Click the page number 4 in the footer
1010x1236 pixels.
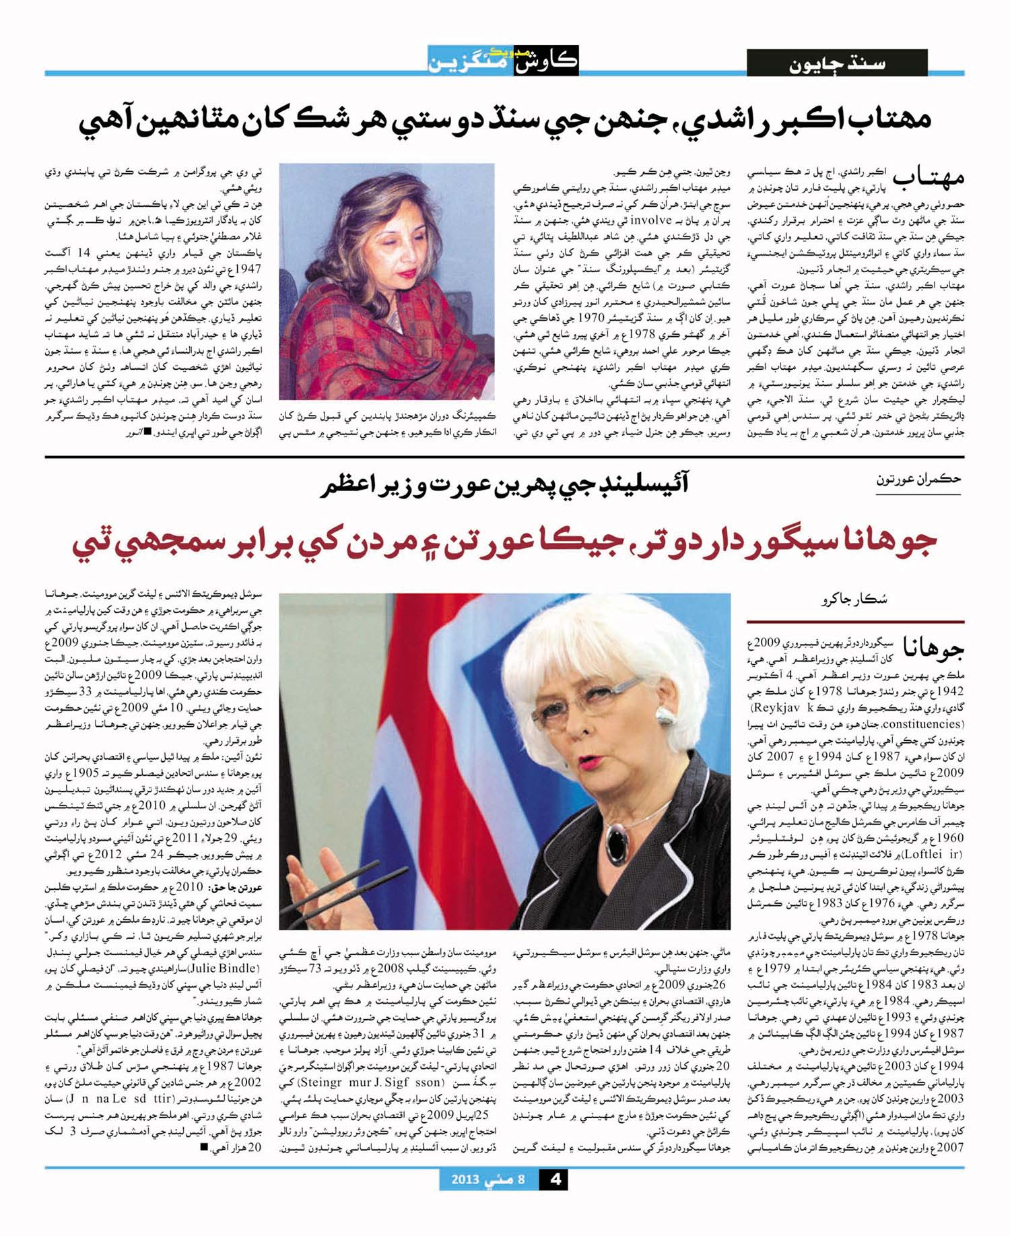tap(555, 1179)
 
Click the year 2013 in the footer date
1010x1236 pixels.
tap(465, 1179)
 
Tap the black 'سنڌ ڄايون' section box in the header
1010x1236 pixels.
tap(837, 63)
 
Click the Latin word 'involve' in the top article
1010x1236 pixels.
tap(653, 220)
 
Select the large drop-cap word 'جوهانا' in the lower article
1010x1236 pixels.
tap(933, 647)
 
